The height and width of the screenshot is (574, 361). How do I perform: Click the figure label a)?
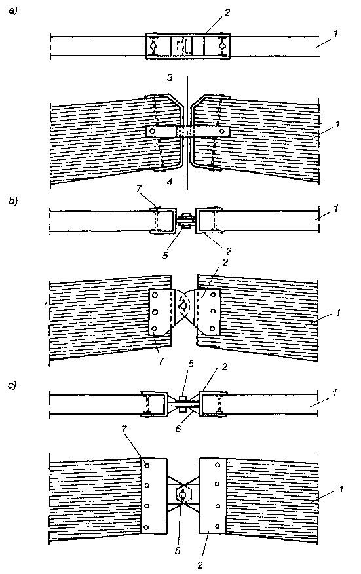[x=13, y=11]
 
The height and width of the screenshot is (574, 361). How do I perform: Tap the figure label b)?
[x=13, y=201]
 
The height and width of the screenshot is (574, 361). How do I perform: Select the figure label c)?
[x=12, y=385]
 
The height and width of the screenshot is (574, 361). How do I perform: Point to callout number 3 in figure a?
[x=170, y=77]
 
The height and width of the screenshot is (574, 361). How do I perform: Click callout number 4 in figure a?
[x=170, y=182]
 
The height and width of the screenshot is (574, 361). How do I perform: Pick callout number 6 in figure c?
[x=178, y=428]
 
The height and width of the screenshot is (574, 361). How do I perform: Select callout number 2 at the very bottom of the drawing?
[x=200, y=565]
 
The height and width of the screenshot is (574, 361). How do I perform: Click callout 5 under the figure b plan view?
[x=165, y=255]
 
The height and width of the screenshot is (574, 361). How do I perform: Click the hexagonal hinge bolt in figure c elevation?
[x=183, y=495]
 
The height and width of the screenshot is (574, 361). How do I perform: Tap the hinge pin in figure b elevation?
[x=183, y=305]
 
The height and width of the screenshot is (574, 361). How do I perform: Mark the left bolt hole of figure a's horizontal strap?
[x=153, y=130]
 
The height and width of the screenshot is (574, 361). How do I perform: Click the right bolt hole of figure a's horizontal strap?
[x=221, y=131]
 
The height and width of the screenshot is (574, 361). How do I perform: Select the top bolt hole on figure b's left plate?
[x=155, y=295]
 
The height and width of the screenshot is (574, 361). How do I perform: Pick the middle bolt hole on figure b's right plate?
[x=213, y=311]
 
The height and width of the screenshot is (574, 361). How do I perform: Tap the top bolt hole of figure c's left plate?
[x=147, y=465]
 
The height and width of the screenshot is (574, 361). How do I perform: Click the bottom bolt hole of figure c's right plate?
[x=217, y=527]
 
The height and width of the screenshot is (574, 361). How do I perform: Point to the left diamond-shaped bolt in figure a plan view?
[x=153, y=46]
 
